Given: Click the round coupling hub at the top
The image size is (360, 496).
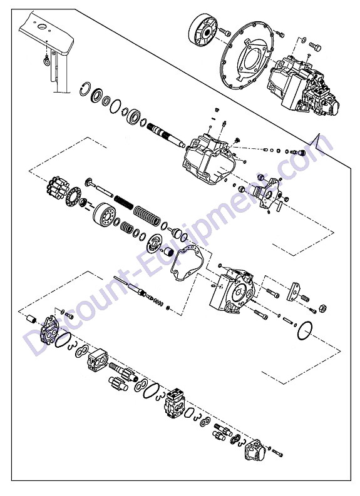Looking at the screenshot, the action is tap(203, 30).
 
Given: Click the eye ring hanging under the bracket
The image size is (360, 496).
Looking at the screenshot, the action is tap(47, 60).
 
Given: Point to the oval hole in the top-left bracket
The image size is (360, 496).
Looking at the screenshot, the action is tap(42, 27).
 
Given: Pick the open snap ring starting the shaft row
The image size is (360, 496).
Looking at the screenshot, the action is tap(85, 89).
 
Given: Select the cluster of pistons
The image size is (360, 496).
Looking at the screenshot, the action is tap(58, 187).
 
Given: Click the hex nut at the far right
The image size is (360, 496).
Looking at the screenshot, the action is tap(322, 308).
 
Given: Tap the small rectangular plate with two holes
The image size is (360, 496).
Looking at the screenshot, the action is tap(293, 291).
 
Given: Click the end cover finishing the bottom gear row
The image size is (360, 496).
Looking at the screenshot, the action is tap(255, 450).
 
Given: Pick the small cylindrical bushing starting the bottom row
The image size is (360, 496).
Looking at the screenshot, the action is tap(32, 319).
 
